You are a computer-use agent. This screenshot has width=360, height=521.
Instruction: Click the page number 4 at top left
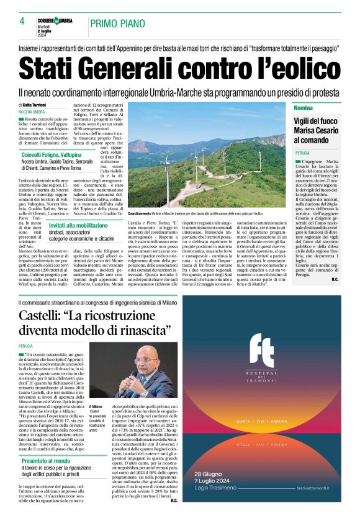pos(22,21)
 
